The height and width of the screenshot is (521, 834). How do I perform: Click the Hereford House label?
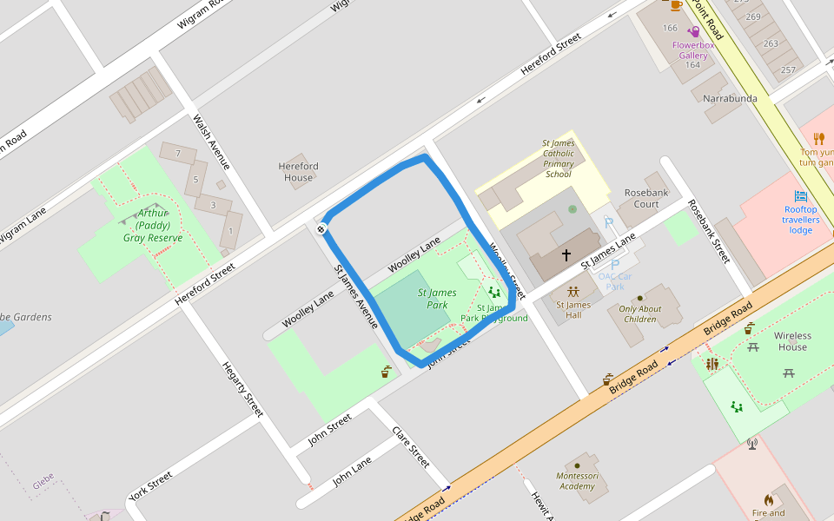(298, 172)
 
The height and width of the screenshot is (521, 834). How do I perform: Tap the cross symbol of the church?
(566, 255)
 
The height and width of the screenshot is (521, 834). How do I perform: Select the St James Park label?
(437, 299)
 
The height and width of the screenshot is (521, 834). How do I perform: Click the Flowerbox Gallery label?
(692, 49)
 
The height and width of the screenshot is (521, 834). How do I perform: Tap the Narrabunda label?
(730, 99)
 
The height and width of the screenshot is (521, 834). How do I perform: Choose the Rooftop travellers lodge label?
(800, 220)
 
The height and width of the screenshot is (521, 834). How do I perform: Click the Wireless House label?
(792, 341)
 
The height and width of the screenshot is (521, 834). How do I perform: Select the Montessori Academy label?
(578, 481)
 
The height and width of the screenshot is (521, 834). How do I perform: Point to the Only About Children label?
(640, 313)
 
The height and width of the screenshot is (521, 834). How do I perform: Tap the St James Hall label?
(573, 310)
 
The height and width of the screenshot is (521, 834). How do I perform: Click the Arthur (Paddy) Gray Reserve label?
(153, 225)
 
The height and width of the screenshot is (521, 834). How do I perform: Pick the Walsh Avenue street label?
(212, 142)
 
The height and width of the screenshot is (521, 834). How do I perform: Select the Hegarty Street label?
(242, 389)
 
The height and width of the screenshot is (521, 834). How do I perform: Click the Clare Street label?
(411, 446)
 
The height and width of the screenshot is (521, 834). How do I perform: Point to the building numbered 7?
(178, 155)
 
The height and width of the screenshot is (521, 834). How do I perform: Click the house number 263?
(771, 43)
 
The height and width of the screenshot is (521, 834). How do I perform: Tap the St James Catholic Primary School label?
(558, 159)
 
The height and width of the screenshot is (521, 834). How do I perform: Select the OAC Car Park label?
(614, 281)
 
